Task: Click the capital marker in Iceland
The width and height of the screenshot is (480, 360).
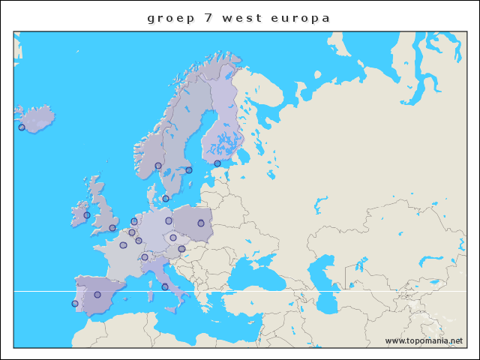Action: [22, 127]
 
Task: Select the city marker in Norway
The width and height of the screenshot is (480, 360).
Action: [158, 166]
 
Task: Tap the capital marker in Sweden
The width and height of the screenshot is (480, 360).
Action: [189, 170]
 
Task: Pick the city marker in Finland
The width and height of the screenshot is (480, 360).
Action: [217, 163]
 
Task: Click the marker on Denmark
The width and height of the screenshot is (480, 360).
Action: [166, 199]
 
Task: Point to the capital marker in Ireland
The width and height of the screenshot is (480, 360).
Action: [87, 215]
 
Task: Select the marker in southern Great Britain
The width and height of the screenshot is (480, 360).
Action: [112, 228]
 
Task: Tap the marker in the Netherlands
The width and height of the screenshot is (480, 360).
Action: [134, 221]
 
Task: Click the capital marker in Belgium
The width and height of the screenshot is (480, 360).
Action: [132, 232]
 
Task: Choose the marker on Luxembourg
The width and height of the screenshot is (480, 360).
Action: [139, 241]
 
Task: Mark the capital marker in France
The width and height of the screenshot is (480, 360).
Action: [123, 245]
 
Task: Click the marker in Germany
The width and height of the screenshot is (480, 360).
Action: [169, 221]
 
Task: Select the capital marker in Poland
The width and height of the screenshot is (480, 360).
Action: [201, 223]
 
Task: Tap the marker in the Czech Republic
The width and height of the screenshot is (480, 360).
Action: [173, 238]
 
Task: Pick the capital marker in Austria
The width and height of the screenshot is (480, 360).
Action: [181, 249]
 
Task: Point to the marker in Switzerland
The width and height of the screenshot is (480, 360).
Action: [145, 257]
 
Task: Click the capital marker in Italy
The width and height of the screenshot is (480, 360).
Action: [165, 286]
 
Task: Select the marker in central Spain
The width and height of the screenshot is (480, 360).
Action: [97, 295]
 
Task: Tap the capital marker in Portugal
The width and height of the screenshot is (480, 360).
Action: [74, 304]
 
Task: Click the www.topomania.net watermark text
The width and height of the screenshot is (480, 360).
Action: [424, 340]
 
